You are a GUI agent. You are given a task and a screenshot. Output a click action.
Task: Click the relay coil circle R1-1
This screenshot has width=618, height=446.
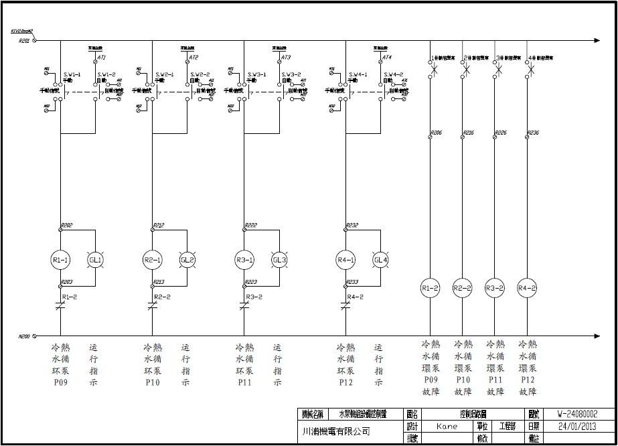tap(61, 260)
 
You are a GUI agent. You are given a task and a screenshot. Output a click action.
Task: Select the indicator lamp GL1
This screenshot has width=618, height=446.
tap(96, 260)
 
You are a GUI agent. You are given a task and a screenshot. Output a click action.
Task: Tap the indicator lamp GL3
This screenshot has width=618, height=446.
tap(279, 260)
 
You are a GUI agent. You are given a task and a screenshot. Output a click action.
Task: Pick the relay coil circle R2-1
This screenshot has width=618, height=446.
tap(153, 260)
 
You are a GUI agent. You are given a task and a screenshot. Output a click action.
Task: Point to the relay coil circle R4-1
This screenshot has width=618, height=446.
tap(345, 260)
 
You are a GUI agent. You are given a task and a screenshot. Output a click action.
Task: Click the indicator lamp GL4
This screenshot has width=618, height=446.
tap(380, 260)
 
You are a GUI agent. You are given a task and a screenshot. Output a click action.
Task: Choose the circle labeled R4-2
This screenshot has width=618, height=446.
tap(528, 289)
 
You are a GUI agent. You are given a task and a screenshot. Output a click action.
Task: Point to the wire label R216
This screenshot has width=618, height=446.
tap(469, 133)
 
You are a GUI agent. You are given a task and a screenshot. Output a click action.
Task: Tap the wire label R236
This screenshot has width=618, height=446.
tap(534, 133)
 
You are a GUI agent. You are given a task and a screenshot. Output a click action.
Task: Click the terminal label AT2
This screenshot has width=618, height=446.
tap(194, 58)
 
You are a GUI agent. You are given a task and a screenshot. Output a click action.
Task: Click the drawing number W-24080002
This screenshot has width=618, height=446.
tap(576, 415)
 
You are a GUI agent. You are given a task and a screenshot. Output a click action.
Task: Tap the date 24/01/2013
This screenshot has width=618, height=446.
tap(576, 426)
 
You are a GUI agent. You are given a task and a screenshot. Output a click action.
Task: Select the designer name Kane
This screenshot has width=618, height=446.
tap(447, 426)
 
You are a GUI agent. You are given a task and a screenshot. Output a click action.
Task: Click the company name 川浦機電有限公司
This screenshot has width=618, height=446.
tap(334, 431)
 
